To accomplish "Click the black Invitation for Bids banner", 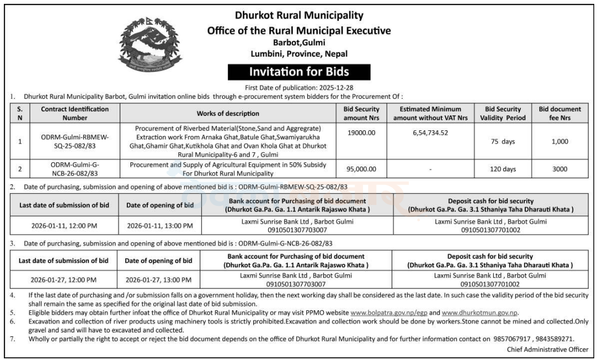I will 299,72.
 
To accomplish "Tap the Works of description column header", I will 228,113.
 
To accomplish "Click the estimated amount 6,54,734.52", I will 430,133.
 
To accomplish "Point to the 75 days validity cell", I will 503,141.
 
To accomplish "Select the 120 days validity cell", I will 503,170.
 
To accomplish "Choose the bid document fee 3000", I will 559,170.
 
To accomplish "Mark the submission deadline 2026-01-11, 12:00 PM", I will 64,225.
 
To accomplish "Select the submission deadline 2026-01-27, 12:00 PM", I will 63,279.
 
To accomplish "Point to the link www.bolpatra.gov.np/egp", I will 389,313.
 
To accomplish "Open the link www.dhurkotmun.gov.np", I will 479,313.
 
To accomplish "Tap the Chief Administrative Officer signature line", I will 547,350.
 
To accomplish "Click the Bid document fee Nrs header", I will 559,113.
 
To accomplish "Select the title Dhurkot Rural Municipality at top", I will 299,15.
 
